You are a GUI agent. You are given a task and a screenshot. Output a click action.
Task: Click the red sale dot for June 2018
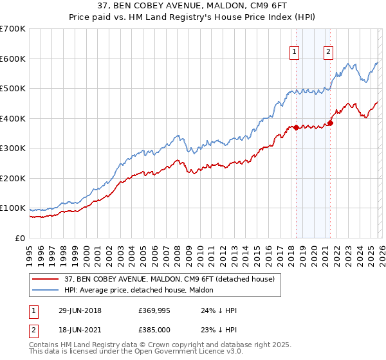(x=296, y=127)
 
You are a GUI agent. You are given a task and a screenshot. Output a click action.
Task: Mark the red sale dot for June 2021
(x=330, y=123)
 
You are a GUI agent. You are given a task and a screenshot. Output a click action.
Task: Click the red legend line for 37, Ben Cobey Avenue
(x=46, y=279)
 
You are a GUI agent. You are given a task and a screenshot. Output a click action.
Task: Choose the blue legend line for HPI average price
(x=46, y=290)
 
